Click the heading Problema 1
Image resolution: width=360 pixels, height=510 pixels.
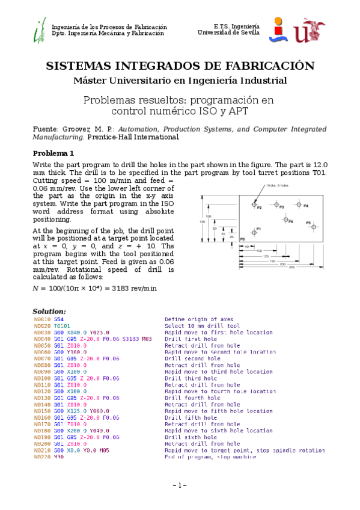pos(53,153)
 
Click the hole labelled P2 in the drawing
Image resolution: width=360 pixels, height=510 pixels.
pos(253,206)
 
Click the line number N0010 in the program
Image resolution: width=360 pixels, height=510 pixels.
pos(42,319)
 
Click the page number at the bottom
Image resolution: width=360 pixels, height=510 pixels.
pos(180,485)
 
